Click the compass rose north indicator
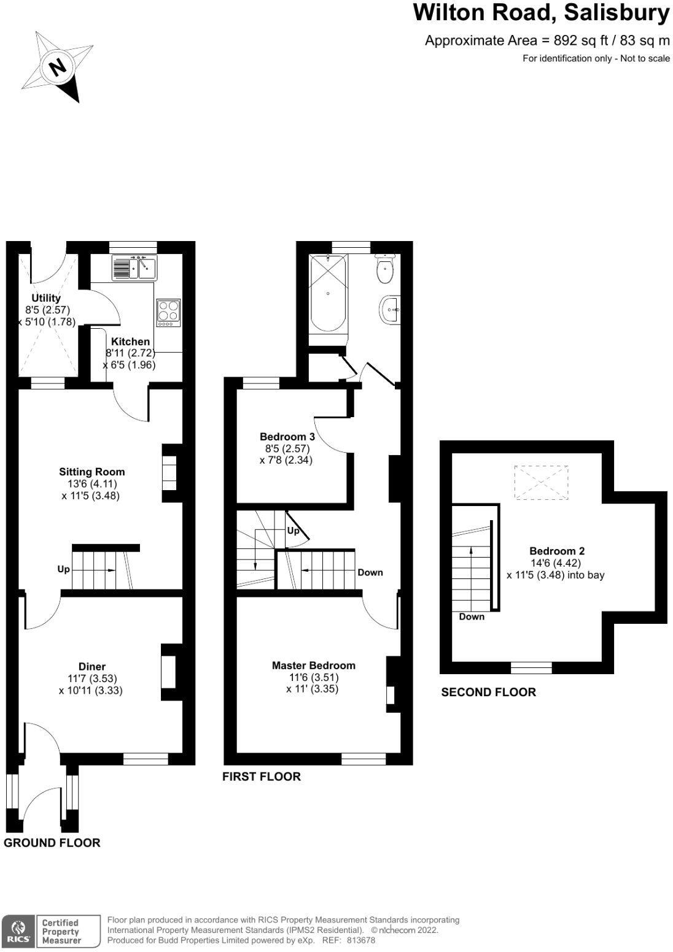[57, 66]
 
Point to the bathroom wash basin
[390, 310]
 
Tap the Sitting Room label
[91, 472]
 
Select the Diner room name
[91, 666]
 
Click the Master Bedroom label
[313, 665]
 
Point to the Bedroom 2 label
[553, 551]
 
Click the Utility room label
[46, 298]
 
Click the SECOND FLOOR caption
[488, 692]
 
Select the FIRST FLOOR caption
[261, 777]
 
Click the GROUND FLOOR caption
[52, 843]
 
